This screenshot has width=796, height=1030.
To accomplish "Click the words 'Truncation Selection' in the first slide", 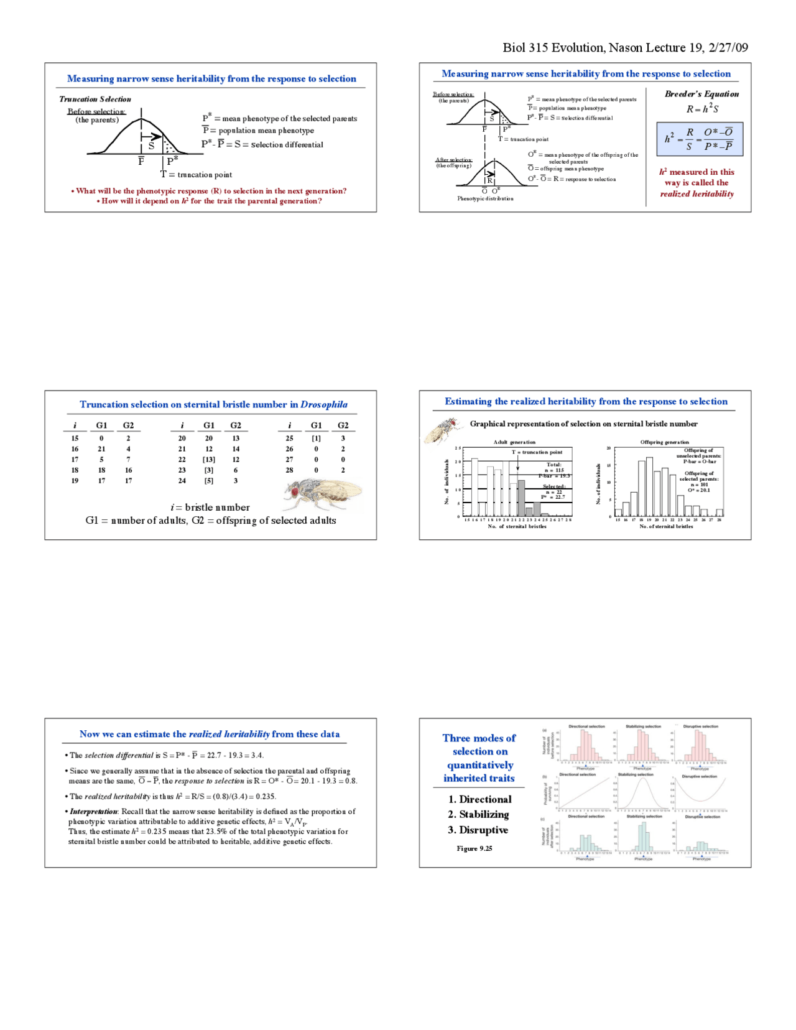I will point(95,99).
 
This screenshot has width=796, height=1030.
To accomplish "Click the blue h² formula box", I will point(700,139).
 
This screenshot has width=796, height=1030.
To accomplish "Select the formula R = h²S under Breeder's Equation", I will point(702,109).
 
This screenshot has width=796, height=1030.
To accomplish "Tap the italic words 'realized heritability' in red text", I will point(696,194).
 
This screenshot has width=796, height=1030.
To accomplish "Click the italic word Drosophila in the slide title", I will point(324,404).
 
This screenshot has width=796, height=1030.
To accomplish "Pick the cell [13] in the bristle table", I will point(209,460).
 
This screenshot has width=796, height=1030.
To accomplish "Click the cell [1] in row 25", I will point(316,438).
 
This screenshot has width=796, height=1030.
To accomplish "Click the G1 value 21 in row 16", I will point(101,449).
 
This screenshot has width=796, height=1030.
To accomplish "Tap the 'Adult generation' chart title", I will point(514,442).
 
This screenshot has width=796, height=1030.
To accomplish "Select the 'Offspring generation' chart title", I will point(664,442).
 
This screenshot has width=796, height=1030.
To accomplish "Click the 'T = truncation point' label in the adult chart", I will point(537,452).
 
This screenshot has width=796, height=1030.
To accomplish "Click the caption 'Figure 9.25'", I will point(474,848).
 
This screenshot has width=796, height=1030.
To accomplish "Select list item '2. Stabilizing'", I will point(478,815).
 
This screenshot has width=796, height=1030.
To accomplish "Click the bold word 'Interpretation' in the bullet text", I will point(93,812).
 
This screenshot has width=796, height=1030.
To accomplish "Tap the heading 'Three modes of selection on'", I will point(479,745).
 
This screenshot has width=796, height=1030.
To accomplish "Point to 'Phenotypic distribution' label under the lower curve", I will point(485,199).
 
